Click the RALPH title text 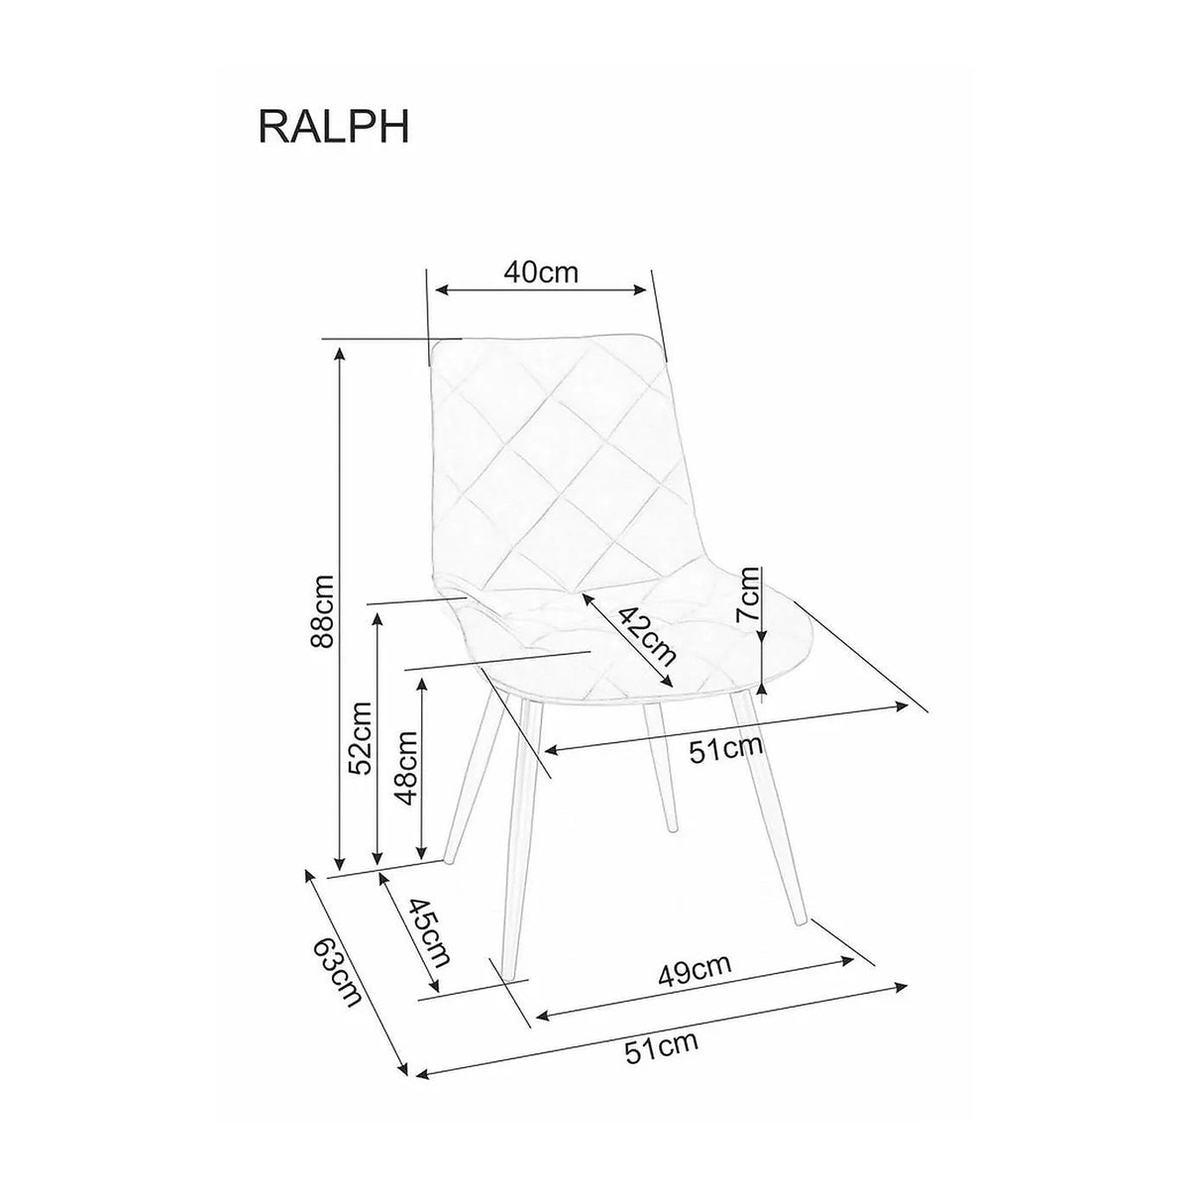[333, 127]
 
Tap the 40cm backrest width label [541, 272]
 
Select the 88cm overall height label [323, 611]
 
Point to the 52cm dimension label [360, 738]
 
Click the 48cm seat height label [408, 769]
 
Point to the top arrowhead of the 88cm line [339, 354]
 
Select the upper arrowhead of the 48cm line [422, 685]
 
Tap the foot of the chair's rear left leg [448, 859]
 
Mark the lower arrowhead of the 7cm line [763, 689]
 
